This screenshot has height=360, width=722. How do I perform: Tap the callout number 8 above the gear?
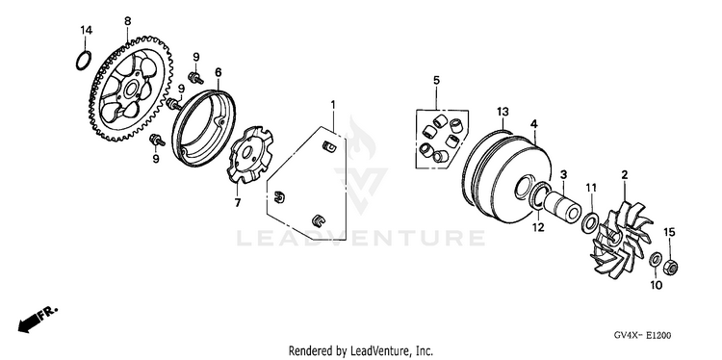tap(127, 21)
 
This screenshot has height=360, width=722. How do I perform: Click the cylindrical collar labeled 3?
tap(562, 205)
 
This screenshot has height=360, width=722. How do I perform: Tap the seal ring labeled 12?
tap(540, 194)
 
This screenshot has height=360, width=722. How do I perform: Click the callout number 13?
tap(503, 111)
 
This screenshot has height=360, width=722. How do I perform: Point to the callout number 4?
tap(533, 124)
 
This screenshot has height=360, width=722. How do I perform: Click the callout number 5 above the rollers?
tap(436, 80)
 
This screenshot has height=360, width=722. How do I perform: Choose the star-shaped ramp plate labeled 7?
tap(250, 155)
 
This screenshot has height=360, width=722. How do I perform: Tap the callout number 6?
tap(218, 72)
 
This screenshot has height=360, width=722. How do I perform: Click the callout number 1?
tap(333, 105)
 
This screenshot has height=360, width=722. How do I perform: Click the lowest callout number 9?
tap(156, 159)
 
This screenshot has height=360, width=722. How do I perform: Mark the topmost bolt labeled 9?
tap(194, 77)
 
